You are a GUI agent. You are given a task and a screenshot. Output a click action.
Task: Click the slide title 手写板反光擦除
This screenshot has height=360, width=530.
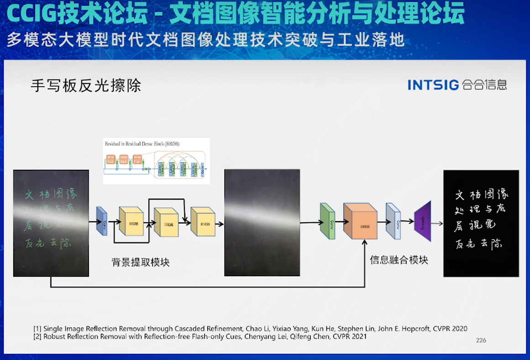point(86,85)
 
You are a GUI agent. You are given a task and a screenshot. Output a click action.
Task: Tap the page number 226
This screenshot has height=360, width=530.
point(481,340)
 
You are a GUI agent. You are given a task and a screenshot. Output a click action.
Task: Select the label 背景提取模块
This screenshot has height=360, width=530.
point(141,262)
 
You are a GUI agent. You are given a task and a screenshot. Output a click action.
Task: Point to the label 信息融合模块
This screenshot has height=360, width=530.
point(399,260)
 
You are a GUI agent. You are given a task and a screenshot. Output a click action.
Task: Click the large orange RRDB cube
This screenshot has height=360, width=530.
point(361,222)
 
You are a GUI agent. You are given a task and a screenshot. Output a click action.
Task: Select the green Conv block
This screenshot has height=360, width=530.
point(327,222)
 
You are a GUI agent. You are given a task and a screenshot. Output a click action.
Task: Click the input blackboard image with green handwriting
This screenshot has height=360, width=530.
point(51,223)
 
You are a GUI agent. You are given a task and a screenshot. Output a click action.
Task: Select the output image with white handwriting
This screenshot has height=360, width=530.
point(481,223)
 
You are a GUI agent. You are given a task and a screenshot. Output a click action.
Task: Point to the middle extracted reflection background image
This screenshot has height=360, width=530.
point(262,222)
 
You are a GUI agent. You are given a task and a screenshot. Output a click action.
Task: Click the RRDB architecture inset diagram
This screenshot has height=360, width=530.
point(156,161)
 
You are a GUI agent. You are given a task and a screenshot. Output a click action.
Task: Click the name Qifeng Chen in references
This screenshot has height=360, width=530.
point(303,337)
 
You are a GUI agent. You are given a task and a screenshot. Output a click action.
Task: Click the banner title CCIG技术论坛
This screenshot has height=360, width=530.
point(78,15)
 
